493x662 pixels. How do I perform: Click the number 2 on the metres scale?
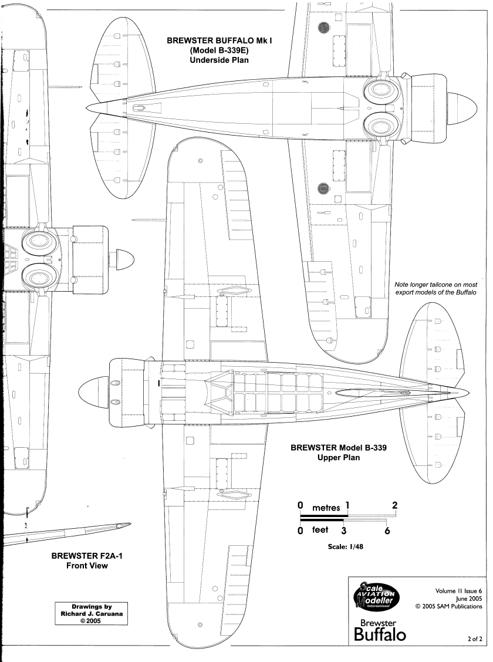(x=394, y=505)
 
